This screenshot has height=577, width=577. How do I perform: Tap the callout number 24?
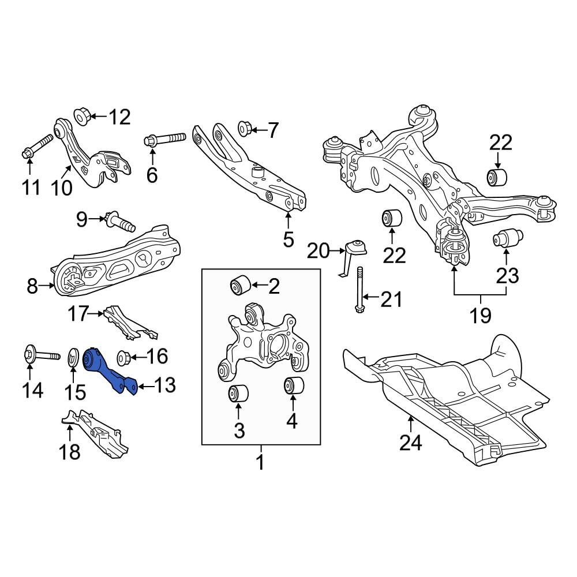[x=411, y=443]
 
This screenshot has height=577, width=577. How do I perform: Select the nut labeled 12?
[x=81, y=115]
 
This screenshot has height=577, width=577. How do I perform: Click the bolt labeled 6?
[x=164, y=139]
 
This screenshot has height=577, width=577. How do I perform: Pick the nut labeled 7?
[x=244, y=129]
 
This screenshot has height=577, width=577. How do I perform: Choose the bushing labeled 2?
[x=239, y=284]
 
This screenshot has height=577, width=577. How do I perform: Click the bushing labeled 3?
[x=238, y=394]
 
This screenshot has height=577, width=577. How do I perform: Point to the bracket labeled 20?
[x=354, y=252]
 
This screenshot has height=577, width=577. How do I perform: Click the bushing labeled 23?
[x=507, y=237]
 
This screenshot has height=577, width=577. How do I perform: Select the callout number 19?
[x=480, y=315]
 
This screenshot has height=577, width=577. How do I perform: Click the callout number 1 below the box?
[x=260, y=462]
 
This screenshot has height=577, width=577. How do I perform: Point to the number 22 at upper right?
[x=501, y=143]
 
